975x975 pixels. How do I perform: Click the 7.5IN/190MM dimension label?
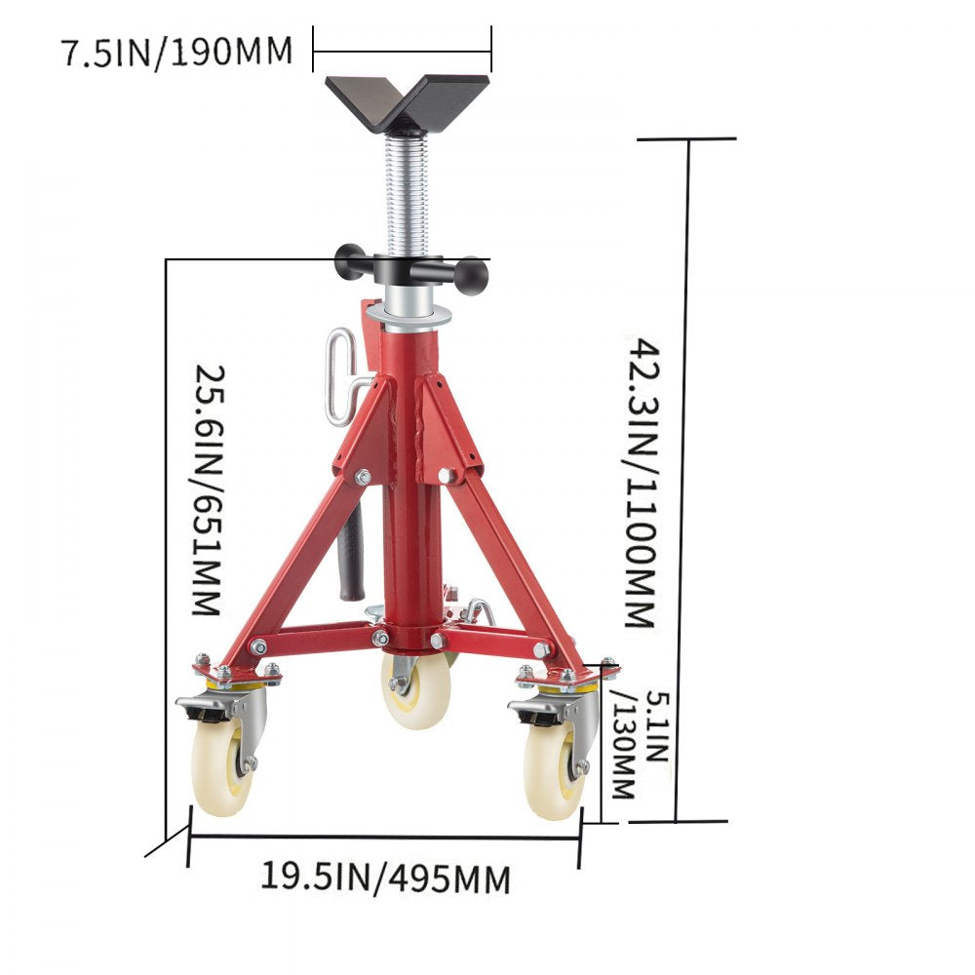(x=177, y=52)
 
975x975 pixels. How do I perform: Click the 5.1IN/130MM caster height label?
(x=625, y=744)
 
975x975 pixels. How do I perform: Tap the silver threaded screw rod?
(x=407, y=195)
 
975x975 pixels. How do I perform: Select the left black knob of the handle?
(x=349, y=261)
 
